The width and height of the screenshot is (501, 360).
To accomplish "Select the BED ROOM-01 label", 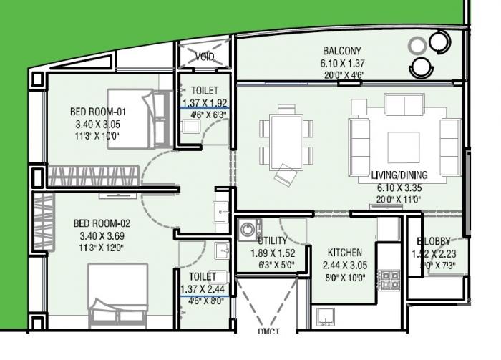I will tap(98, 112).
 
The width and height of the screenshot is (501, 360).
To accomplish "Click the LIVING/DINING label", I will tap(399, 175).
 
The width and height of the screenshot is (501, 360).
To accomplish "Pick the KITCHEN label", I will tap(345, 253).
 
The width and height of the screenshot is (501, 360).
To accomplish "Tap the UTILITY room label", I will tap(273, 241).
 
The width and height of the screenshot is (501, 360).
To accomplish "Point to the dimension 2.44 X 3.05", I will tap(345, 265).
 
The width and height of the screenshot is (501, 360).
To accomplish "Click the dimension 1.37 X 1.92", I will tap(203, 102).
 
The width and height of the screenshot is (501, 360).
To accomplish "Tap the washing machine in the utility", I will tap(248, 230).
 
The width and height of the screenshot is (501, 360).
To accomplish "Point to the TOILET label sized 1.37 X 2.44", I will tap(203, 276).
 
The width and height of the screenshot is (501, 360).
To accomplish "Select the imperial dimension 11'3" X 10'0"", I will tap(98, 136).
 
